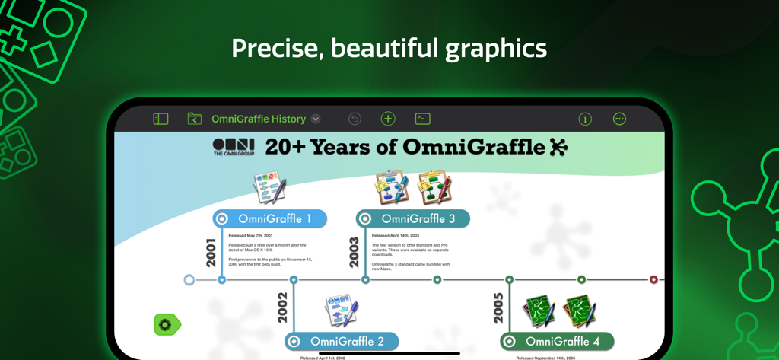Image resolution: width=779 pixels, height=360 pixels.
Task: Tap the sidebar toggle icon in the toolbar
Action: pyautogui.click(x=161, y=119)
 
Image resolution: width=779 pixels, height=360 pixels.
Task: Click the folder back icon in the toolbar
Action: pyautogui.click(x=195, y=119)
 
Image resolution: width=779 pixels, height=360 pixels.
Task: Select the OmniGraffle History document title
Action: pyautogui.click(x=259, y=119)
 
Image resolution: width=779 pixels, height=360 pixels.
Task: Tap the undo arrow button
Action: pyautogui.click(x=355, y=119)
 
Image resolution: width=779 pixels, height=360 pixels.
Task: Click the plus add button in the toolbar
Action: pyautogui.click(x=388, y=119)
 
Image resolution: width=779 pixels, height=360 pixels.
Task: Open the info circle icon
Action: pyautogui.click(x=585, y=119)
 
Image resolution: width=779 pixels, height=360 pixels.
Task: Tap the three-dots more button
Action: pyautogui.click(x=619, y=119)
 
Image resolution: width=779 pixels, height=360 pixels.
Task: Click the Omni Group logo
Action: pyautogui.click(x=234, y=147)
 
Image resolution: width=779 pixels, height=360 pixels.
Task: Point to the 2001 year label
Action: pyautogui.click(x=211, y=251)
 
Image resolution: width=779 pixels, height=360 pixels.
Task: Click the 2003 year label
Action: pyautogui.click(x=355, y=251)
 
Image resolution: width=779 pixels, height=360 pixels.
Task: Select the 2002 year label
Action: pyautogui.click(x=283, y=307)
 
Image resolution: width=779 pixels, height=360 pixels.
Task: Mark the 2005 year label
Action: pyautogui.click(x=498, y=307)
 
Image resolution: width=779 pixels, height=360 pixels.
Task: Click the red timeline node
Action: pyautogui.click(x=653, y=280)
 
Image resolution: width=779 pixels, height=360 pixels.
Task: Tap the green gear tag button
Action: pyautogui.click(x=167, y=325)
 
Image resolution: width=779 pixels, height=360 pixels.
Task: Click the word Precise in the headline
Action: pyautogui.click(x=275, y=49)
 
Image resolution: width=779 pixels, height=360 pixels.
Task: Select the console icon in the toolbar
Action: pyautogui.click(x=422, y=119)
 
